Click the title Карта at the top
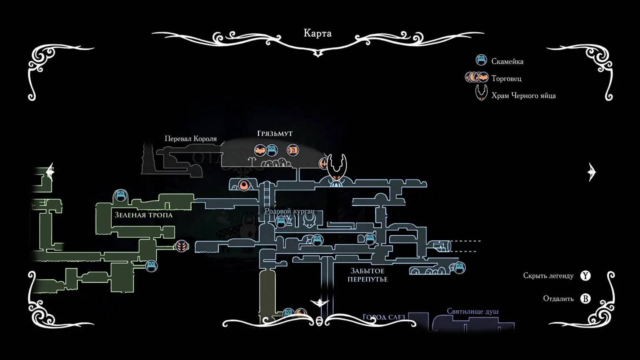(x=318, y=33)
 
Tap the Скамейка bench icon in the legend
(x=481, y=61)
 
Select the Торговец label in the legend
(x=506, y=79)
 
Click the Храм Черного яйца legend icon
(x=481, y=94)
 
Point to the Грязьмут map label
(x=275, y=134)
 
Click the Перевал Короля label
(x=191, y=139)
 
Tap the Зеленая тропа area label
(x=143, y=215)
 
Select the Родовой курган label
(x=290, y=211)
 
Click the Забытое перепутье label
(x=367, y=275)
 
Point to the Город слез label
(x=384, y=317)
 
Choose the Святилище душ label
(x=473, y=311)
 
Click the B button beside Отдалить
(x=585, y=298)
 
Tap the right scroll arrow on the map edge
(x=592, y=172)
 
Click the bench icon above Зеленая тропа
(x=120, y=195)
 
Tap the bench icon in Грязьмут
(x=271, y=150)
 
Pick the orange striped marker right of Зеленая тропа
(x=181, y=246)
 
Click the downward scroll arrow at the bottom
(x=319, y=303)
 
